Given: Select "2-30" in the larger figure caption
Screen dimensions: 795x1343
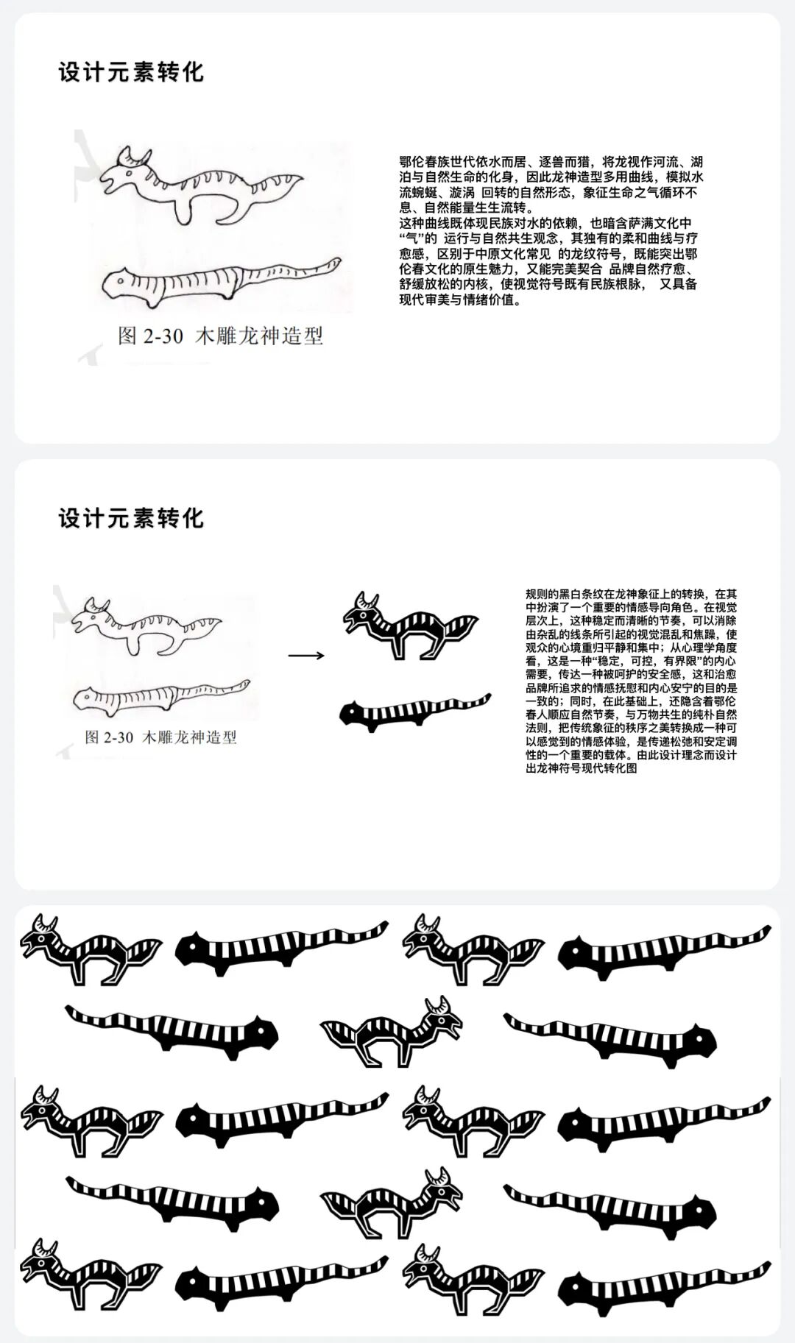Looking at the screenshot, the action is (163, 336).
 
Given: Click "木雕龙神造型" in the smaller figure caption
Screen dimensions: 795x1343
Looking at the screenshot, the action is (188, 737).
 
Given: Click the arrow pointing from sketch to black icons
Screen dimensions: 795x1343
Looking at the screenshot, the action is (306, 655).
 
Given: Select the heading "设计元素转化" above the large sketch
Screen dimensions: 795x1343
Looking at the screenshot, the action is (131, 72).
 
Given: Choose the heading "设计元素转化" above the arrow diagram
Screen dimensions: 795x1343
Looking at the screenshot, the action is (131, 518).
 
